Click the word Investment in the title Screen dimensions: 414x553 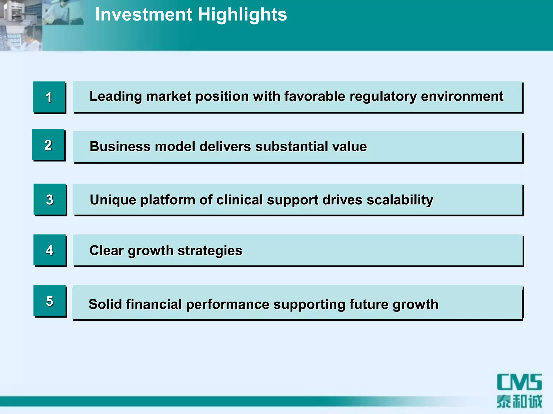pyautogui.click(x=143, y=15)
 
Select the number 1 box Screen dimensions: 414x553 pyautogui.click(x=49, y=97)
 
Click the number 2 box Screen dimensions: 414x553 pyautogui.click(x=48, y=145)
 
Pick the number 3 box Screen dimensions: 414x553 pyautogui.click(x=50, y=200)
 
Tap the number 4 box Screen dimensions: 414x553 pyautogui.click(x=50, y=250)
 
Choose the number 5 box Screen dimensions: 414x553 pyautogui.click(x=50, y=301)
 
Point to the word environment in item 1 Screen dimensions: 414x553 pyautogui.click(x=462, y=96)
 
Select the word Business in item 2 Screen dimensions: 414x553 pyautogui.click(x=120, y=147)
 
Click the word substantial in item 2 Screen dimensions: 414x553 pyautogui.click(x=291, y=147)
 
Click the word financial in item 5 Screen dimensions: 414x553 pyautogui.click(x=154, y=304)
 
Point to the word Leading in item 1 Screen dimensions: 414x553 pyautogui.click(x=116, y=96)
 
